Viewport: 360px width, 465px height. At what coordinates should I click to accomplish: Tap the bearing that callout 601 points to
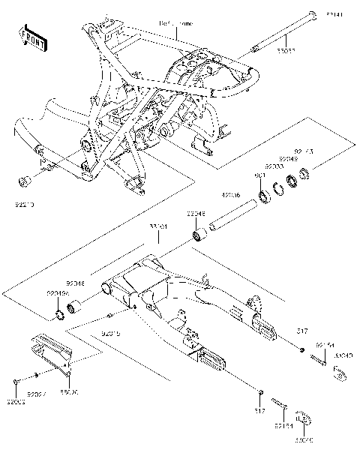[263, 197]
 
